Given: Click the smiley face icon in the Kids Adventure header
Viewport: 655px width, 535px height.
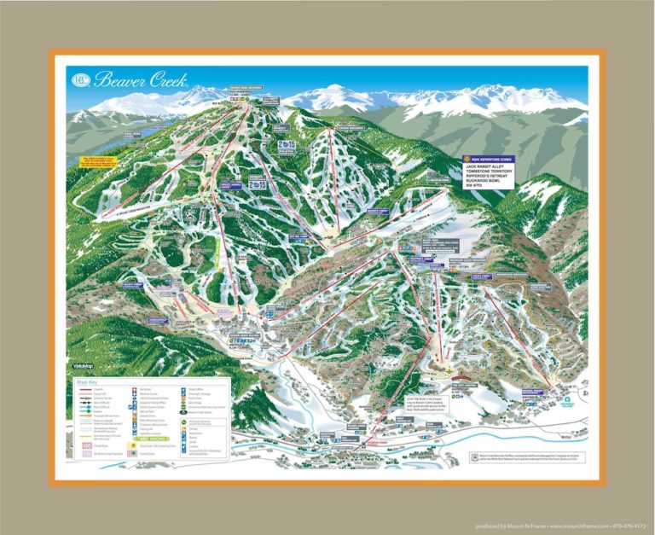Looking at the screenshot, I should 467,159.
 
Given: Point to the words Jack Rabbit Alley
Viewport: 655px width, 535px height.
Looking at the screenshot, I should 492,166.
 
